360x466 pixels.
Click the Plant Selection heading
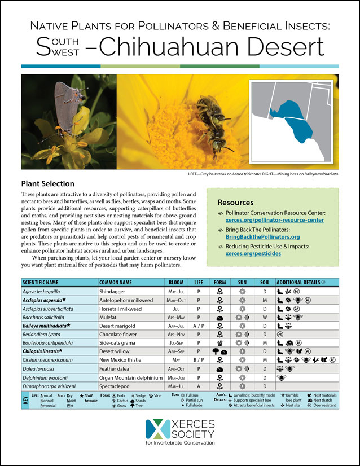(x=47, y=184)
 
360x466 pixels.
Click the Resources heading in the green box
(x=236, y=202)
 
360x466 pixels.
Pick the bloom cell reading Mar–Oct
(x=176, y=301)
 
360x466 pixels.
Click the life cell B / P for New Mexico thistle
(x=199, y=360)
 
